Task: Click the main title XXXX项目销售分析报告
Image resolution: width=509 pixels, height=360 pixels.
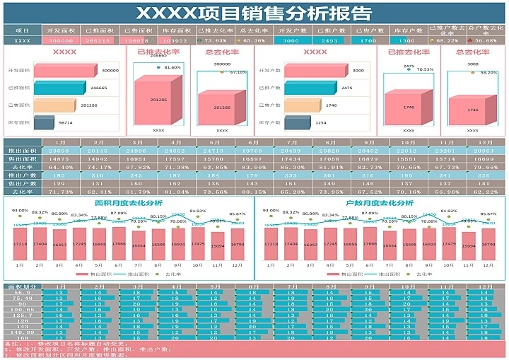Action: point(254,13)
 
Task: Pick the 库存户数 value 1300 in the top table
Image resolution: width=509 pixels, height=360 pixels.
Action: point(406,41)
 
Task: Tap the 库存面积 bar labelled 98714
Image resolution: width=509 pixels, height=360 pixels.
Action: point(45,123)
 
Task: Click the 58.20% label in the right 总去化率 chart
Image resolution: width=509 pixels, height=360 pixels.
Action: point(488,73)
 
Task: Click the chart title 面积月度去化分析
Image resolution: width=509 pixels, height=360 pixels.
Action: point(128,203)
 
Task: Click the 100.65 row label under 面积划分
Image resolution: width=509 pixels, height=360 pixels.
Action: point(22,310)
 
